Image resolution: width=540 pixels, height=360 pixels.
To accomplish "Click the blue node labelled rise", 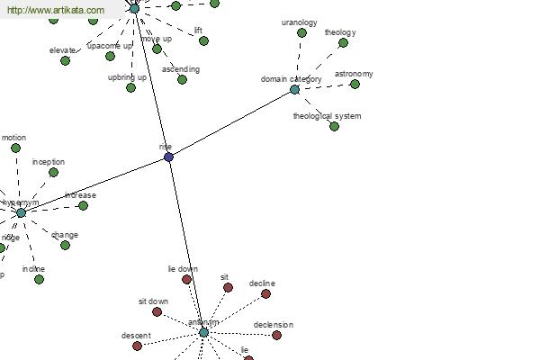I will pos(168,157).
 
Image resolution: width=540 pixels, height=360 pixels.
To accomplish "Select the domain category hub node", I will pos(294,89).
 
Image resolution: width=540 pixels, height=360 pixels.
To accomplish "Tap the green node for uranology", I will pos(301,32).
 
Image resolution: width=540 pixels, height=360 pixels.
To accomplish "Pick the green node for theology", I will pos(343,42).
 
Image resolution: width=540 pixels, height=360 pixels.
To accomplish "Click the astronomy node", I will pos(355,84).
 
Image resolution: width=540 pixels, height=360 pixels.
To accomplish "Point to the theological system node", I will pos(334,126).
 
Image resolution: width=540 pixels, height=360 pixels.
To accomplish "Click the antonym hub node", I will pos(203,332).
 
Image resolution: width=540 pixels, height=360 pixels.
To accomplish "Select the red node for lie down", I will pos(187,279).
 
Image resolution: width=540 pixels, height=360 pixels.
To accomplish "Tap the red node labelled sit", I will pos(228,287).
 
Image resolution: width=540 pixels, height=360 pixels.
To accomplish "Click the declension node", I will pos(276,335).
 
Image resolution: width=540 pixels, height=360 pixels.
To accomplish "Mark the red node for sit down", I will pos(157,311).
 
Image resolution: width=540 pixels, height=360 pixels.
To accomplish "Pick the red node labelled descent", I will pos(137,346).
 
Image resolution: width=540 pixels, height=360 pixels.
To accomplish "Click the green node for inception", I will pos(53,172).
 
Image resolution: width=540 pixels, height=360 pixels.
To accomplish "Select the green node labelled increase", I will pos(83,205).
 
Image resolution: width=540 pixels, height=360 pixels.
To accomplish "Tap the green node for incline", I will pos(39,279).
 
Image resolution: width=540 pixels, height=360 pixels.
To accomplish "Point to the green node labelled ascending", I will pos(182,79).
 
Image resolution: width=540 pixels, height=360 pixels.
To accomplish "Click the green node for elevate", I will pos(65,59).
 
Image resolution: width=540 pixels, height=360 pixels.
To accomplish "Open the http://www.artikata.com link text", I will pos(55,10).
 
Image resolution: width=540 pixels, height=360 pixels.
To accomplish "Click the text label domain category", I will pos(291,79).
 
